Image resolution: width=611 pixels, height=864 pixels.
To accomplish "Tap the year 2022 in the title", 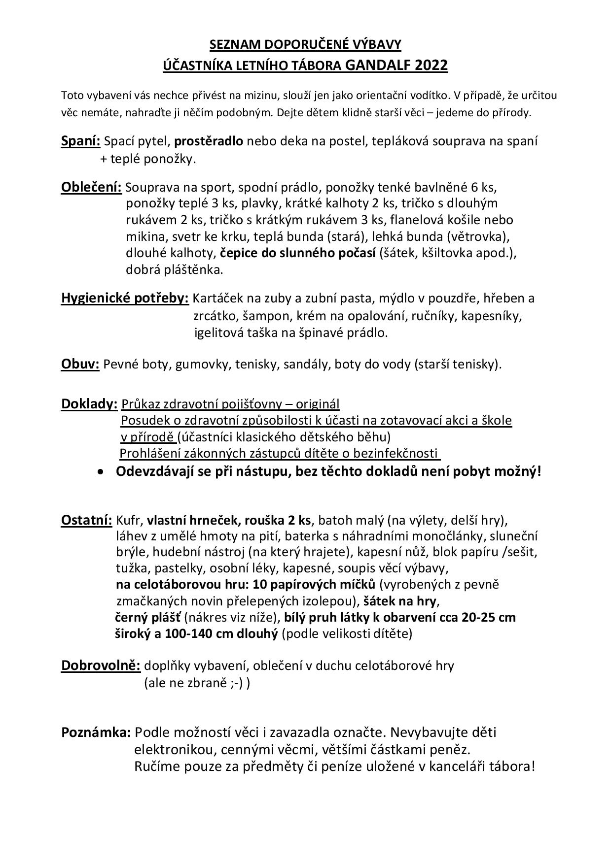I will [431, 65].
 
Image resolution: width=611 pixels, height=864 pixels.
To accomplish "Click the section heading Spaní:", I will [81, 141].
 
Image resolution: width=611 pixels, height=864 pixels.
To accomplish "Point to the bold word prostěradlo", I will [209, 141].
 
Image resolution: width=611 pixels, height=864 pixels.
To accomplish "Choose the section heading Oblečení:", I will [92, 187].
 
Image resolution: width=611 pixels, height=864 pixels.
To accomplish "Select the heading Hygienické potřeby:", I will [125, 298].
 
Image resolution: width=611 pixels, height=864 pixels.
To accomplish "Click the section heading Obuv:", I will [80, 364].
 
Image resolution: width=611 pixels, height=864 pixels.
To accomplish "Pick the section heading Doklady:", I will [89, 404].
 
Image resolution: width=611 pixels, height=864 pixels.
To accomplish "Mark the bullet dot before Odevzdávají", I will [101, 471].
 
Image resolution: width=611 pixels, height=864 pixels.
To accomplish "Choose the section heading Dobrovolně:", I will [101, 665].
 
